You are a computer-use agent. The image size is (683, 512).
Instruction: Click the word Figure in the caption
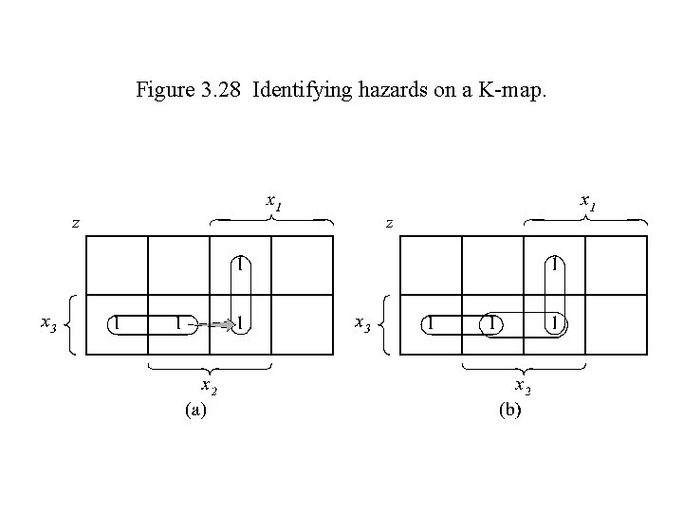click(x=161, y=91)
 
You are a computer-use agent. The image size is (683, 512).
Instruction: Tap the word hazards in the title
click(x=373, y=91)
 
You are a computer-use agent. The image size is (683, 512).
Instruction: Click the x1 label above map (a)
click(x=275, y=202)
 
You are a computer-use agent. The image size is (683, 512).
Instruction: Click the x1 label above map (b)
click(x=588, y=202)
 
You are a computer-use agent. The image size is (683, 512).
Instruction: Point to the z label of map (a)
click(x=75, y=224)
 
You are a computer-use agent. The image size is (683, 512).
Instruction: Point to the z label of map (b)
click(x=388, y=224)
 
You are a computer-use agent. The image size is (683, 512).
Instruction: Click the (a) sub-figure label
click(x=194, y=410)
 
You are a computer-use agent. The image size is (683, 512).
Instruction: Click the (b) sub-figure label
click(x=508, y=410)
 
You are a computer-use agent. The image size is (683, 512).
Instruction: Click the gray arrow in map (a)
click(x=220, y=324)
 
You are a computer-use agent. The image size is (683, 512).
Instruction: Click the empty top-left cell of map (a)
click(x=117, y=265)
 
